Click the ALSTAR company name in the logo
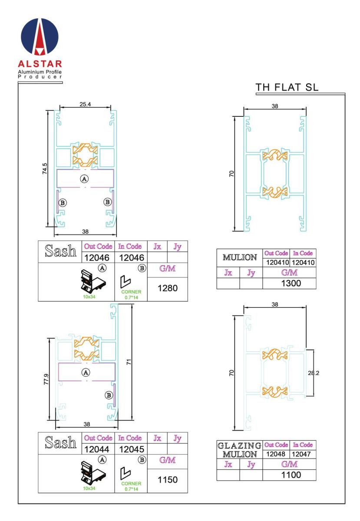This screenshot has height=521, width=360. (x=40, y=63)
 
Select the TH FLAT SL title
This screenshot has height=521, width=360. (x=287, y=87)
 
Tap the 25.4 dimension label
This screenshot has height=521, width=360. (x=85, y=104)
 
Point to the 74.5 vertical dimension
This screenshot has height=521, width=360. (x=45, y=168)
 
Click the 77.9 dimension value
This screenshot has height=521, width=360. (x=46, y=379)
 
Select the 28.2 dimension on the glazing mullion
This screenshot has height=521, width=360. (x=314, y=373)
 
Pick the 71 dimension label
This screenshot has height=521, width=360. (x=129, y=362)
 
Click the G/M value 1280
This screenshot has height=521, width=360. (x=168, y=288)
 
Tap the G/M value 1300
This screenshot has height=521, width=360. (x=291, y=283)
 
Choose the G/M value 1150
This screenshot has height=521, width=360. (x=168, y=480)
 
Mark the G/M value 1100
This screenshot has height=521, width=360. (x=291, y=475)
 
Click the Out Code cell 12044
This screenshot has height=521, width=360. (x=96, y=449)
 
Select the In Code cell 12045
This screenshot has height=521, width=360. (x=132, y=449)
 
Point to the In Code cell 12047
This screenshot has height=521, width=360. (x=301, y=454)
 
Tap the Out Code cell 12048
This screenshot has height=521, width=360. (x=275, y=454)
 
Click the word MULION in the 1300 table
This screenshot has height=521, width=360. (x=240, y=257)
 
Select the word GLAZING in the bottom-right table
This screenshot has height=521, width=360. (x=239, y=445)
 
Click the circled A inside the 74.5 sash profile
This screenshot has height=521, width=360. (x=84, y=179)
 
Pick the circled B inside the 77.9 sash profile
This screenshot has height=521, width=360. (x=109, y=395)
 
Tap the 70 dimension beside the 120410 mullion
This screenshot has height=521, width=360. (x=231, y=174)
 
